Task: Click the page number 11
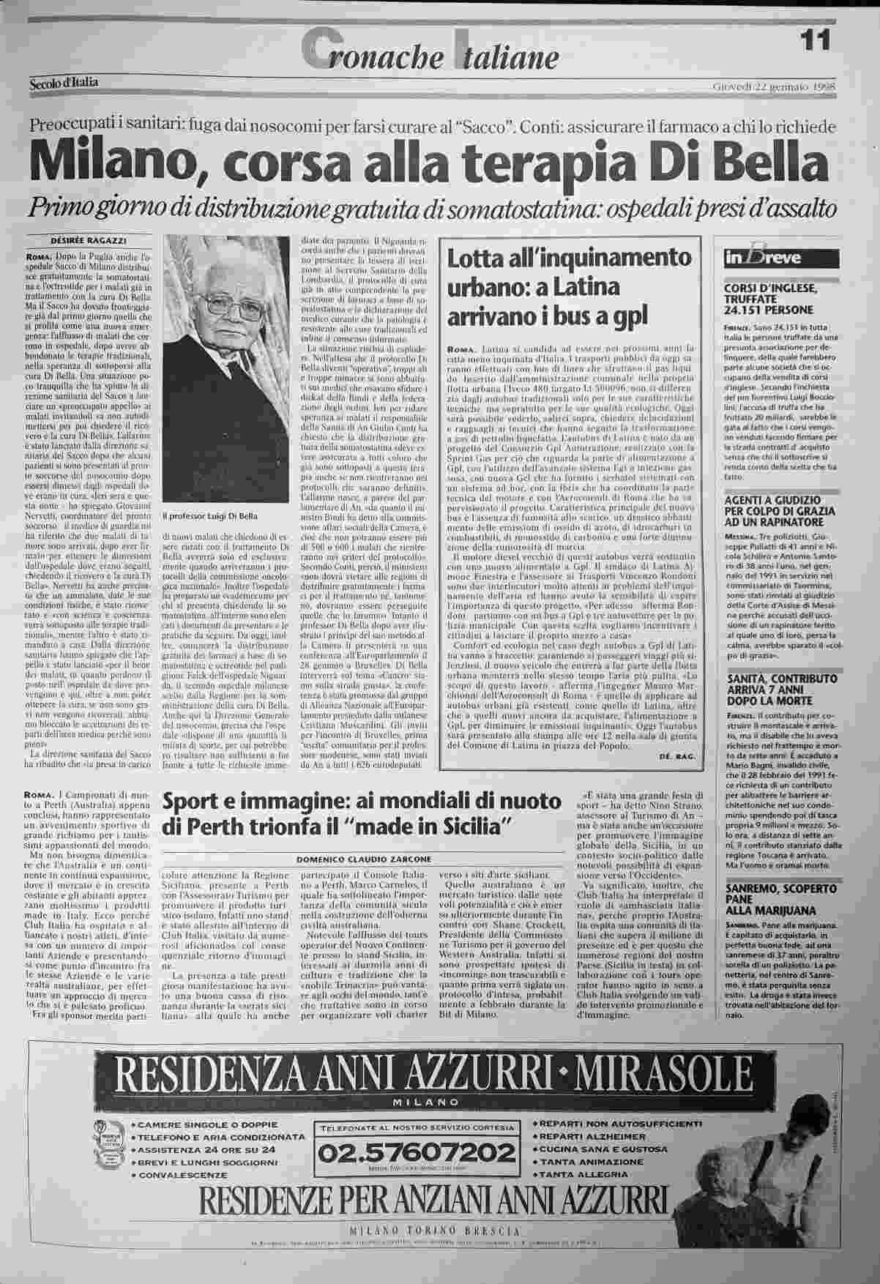(x=815, y=39)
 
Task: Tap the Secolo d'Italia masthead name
(x=64, y=83)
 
